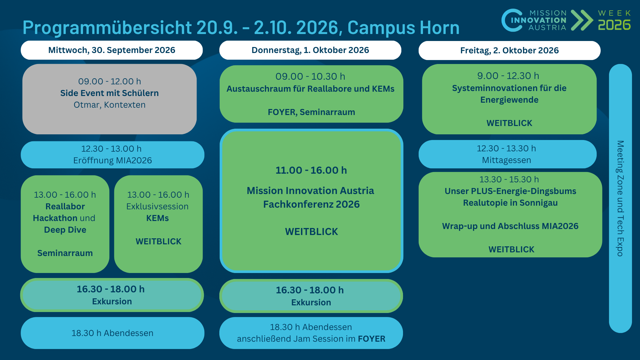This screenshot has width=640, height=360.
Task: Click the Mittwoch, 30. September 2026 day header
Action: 112,50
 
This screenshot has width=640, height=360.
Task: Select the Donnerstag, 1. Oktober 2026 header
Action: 310,50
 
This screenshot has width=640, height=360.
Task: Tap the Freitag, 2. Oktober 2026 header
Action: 509,50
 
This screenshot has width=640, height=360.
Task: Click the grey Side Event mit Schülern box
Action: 109,99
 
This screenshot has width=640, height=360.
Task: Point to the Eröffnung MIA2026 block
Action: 112,155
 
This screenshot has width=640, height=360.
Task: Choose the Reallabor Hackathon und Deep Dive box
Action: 65,224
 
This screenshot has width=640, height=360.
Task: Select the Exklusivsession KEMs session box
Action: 158,224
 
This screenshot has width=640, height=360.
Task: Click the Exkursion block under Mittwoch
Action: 112,295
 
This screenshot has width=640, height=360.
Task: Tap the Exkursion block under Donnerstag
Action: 311,296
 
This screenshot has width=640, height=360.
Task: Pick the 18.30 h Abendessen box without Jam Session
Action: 112,333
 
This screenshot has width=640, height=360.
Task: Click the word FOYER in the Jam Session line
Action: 371,339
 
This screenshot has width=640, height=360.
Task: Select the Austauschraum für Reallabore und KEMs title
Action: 310,89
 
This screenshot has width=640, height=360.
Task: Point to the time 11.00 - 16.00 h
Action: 311,170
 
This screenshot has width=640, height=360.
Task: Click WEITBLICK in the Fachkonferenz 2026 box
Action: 311,232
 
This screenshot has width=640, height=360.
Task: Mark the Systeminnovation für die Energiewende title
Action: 509,94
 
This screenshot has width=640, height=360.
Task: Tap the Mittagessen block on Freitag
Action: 508,154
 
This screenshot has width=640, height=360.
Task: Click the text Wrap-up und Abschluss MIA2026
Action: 510,226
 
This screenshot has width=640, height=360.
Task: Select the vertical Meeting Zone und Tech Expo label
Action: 620,198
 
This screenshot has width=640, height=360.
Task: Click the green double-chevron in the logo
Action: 582,20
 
